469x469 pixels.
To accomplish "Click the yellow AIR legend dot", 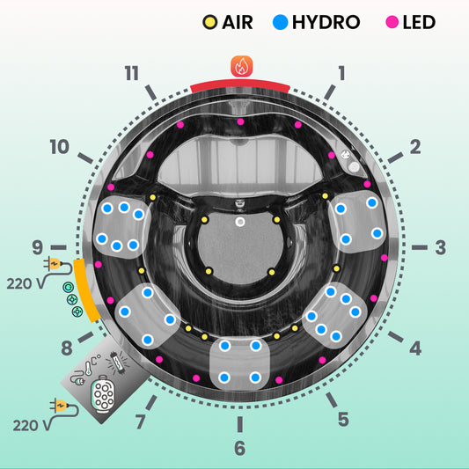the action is [x=210, y=22].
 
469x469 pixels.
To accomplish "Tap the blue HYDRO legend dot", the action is [x=281, y=22].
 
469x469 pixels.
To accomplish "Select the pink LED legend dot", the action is [x=392, y=22].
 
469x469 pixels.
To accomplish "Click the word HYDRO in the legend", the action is [x=326, y=22].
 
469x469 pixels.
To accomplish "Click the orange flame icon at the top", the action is [x=242, y=66].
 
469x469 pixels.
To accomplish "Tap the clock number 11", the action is [x=132, y=73].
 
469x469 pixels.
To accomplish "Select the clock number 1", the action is [x=341, y=73].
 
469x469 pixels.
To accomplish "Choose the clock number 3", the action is [x=441, y=247].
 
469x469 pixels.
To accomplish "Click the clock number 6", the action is [x=240, y=448].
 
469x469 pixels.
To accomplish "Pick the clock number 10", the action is [x=60, y=147].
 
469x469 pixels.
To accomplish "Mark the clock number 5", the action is [x=343, y=419].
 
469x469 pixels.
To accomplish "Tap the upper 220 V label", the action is [x=26, y=283].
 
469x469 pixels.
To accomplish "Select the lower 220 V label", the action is [x=32, y=425].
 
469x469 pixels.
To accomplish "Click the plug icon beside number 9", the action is [x=53, y=264].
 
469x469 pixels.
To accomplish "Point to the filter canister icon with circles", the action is [x=104, y=394].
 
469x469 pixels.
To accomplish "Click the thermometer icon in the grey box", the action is [x=89, y=368].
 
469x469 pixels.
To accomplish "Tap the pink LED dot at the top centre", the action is [x=240, y=121].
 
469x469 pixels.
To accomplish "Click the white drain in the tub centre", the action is [x=240, y=222].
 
